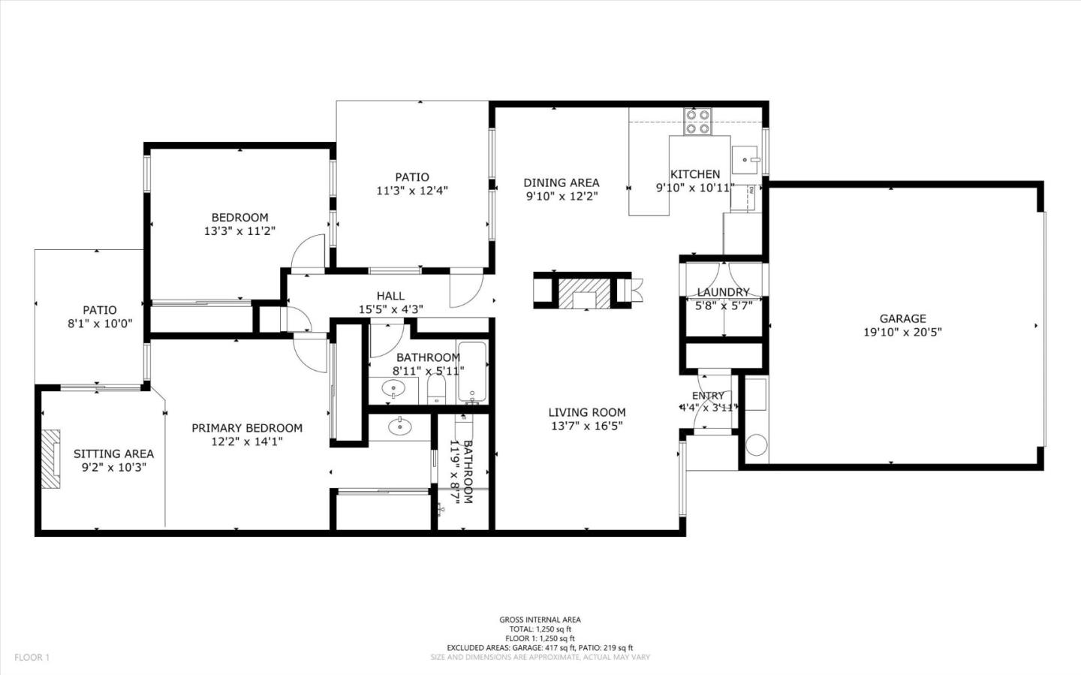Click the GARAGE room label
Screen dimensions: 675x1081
902,318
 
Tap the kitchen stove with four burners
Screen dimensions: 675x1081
697,121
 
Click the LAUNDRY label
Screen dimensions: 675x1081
723,292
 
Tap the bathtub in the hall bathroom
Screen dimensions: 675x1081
472,372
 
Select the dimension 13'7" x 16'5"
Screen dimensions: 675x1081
586,426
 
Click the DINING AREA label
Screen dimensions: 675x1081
561,182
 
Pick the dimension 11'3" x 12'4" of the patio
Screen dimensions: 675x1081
412,191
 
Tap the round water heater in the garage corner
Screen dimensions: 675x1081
756,444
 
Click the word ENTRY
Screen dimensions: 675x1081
708,396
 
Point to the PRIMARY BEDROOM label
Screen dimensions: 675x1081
247,428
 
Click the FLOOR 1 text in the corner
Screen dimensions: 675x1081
32,657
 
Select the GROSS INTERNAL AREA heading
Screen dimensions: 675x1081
540,619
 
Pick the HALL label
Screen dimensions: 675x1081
390,296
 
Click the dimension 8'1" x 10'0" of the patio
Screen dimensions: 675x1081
100,324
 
